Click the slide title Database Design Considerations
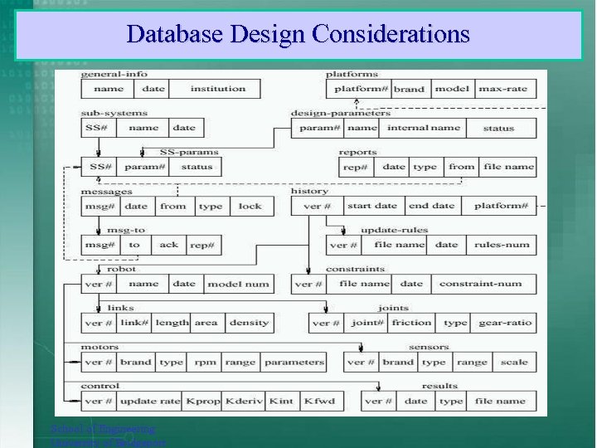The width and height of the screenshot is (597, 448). pyautogui.click(x=298, y=34)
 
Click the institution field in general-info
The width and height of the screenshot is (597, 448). pyautogui.click(x=218, y=89)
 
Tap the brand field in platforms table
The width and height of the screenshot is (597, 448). pyautogui.click(x=409, y=89)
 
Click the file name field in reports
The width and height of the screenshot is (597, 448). pyautogui.click(x=508, y=167)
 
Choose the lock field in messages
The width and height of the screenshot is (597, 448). pyautogui.click(x=250, y=206)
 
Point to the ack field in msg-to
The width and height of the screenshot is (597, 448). pyautogui.click(x=168, y=245)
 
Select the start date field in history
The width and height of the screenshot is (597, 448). pyautogui.click(x=371, y=206)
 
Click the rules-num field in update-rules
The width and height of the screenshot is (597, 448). pyautogui.click(x=501, y=245)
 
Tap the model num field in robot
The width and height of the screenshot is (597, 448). pyautogui.click(x=238, y=284)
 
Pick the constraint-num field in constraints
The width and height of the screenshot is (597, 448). pyautogui.click(x=480, y=284)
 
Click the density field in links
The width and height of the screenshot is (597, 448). pyautogui.click(x=249, y=323)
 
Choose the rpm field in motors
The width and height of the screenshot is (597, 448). pyautogui.click(x=205, y=362)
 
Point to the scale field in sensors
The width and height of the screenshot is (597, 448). pyautogui.click(x=514, y=362)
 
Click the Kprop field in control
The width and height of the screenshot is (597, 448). pyautogui.click(x=203, y=401)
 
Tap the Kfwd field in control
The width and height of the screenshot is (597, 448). pyautogui.click(x=320, y=401)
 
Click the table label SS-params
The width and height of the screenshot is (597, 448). pyautogui.click(x=189, y=152)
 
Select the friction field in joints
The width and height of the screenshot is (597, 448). pyautogui.click(x=411, y=323)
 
